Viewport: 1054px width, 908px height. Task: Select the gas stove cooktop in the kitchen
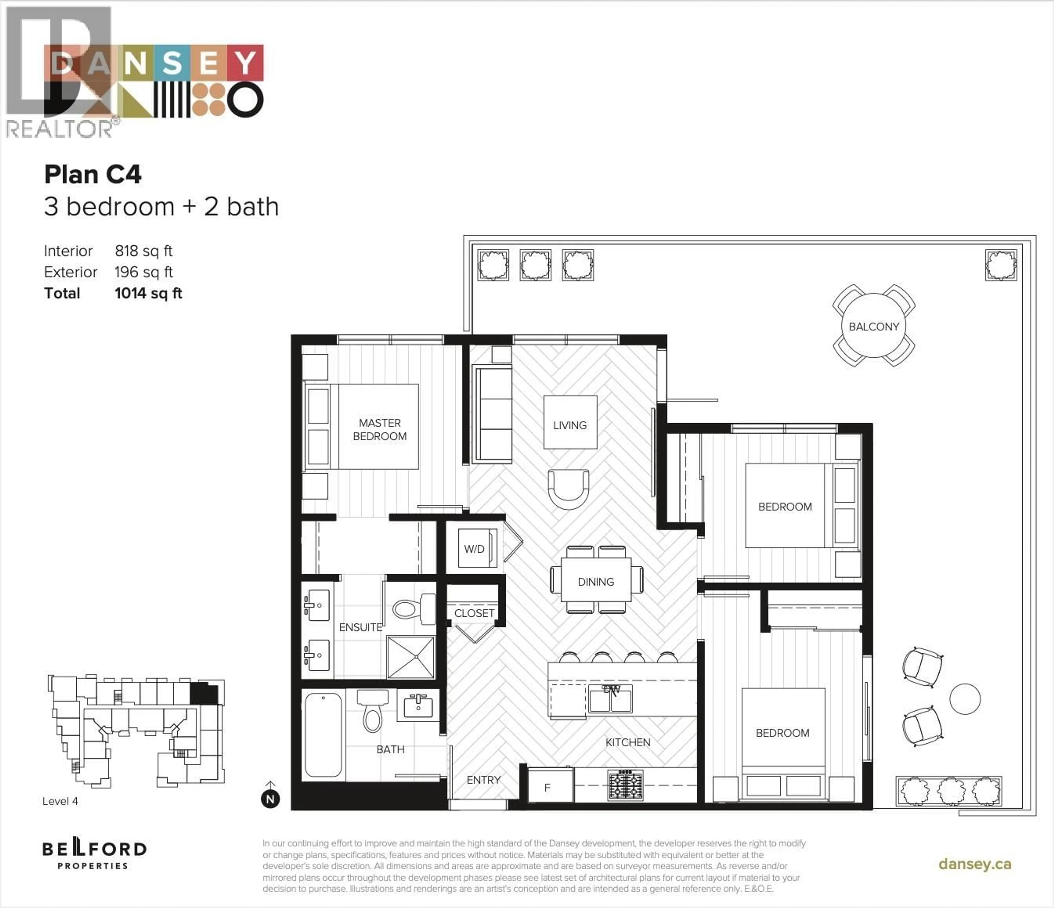[625, 785]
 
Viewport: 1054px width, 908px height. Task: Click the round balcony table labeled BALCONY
[873, 326]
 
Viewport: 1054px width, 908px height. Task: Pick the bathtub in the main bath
[323, 735]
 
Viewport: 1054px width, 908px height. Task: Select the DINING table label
[596, 581]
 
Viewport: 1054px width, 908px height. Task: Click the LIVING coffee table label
[570, 425]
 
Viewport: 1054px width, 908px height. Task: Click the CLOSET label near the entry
[474, 613]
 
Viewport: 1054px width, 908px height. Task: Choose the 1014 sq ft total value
[148, 294]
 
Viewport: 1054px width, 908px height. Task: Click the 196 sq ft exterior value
[144, 272]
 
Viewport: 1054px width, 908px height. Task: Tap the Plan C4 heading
[92, 175]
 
